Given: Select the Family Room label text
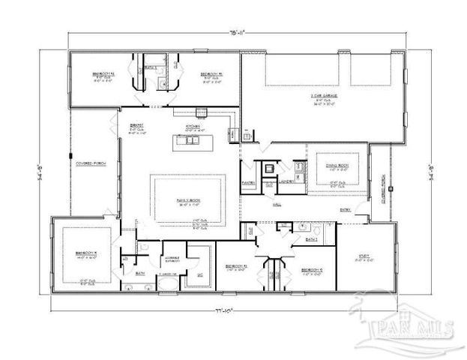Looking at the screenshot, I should pos(188,199).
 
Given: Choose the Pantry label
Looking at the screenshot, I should pos(248,182).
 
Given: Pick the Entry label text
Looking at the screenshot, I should pos(346,210).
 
